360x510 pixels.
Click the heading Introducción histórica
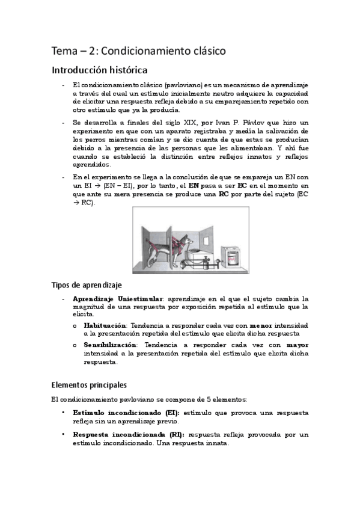click(x=99, y=70)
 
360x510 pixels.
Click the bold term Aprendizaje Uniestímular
click(x=117, y=299)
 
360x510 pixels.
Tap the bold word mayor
click(x=297, y=346)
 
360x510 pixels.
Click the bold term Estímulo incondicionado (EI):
click(x=125, y=413)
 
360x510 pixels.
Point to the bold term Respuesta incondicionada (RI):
click(x=129, y=434)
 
